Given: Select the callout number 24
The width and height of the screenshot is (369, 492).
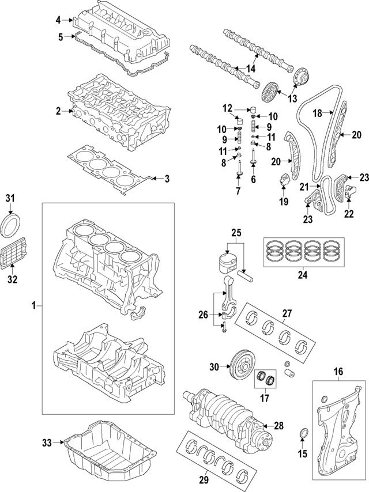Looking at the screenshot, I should point(302,275).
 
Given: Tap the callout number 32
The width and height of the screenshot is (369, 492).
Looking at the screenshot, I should point(12,280).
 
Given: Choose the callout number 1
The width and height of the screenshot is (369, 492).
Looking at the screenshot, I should point(33,305).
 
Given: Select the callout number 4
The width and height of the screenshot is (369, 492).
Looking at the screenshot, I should point(58,20).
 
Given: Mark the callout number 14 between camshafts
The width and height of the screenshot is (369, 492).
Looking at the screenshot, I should point(250,69).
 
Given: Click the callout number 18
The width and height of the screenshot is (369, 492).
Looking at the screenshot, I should point(317,114).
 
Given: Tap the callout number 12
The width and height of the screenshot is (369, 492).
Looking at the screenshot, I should point(227,108).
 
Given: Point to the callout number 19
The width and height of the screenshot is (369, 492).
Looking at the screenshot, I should point(283,202).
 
